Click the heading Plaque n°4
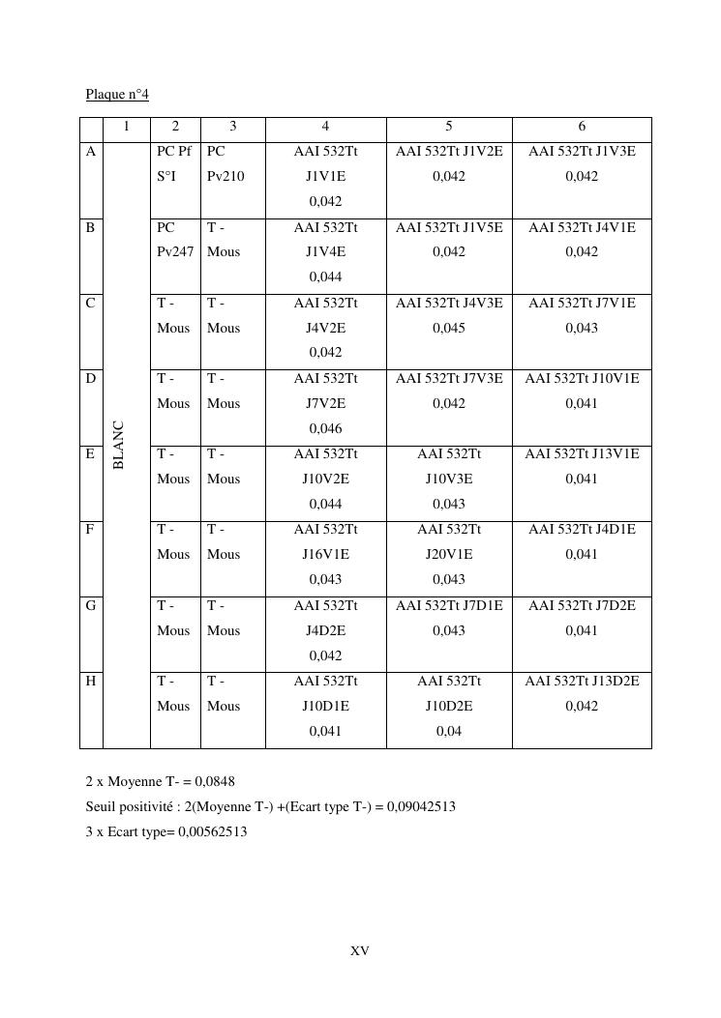pos(117,94)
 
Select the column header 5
pos(449,127)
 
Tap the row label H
pos(91,682)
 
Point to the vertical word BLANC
pos(119,445)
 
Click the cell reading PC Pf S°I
pos(174,163)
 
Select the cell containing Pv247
pos(174,251)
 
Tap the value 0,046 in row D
pos(325,428)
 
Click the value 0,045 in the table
pos(449,328)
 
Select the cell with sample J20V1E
pos(449,554)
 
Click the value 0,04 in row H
pos(449,732)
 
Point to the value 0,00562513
pos(213,831)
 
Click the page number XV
pos(360,951)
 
